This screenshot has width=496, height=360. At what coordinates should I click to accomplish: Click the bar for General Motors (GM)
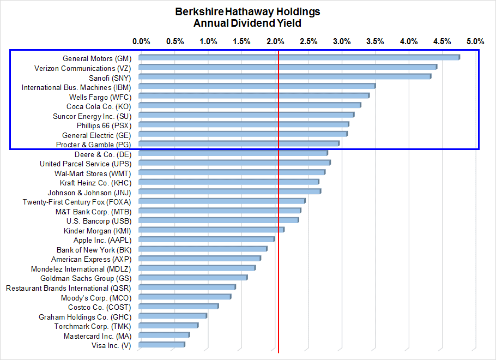click(x=299, y=57)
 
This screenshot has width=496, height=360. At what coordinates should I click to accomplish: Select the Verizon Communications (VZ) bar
click(x=287, y=67)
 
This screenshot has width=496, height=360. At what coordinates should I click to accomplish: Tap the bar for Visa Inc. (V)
click(x=161, y=345)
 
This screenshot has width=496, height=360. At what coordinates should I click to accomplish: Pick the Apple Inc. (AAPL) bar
click(x=206, y=239)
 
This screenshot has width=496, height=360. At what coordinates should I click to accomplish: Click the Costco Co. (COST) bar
click(x=178, y=307)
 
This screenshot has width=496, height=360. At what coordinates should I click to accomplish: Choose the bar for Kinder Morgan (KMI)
click(x=211, y=230)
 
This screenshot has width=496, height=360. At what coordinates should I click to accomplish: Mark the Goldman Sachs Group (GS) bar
click(x=192, y=278)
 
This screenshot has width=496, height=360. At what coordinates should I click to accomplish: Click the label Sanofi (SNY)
click(x=110, y=78)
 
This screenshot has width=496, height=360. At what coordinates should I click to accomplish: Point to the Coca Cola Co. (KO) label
click(x=99, y=106)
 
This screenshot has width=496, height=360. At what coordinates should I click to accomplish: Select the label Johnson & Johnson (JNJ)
click(x=89, y=193)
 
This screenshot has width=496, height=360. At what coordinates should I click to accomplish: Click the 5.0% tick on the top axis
click(x=475, y=41)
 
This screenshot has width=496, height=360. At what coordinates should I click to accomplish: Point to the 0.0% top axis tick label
click(x=141, y=41)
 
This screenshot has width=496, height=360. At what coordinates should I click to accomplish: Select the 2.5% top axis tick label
click(x=309, y=41)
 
